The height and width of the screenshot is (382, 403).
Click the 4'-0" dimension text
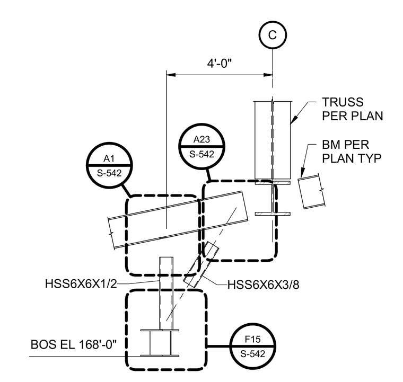[x=220, y=63]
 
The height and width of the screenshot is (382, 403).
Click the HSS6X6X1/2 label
[x=81, y=284]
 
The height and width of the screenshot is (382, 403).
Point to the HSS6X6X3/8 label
[x=264, y=285]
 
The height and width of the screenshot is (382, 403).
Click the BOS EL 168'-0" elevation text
[x=74, y=344]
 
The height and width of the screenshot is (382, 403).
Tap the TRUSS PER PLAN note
[x=353, y=109]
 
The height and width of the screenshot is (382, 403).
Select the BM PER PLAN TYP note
[x=352, y=152]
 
